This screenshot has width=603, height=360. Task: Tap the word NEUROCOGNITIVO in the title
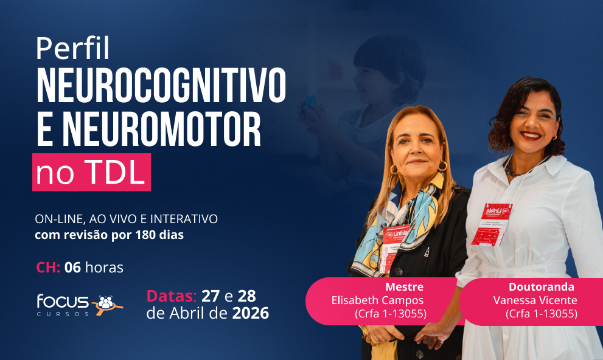(x=161, y=86)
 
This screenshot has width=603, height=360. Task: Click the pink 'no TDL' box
(x=91, y=173)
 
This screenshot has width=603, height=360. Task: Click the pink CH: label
(x=48, y=268)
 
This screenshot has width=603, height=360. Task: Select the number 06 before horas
(x=72, y=268)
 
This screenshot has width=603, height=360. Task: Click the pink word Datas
(x=170, y=296)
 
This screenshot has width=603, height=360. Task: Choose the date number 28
(x=246, y=296)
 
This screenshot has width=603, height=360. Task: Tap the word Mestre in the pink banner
(x=404, y=287)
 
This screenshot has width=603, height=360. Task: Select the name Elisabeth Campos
(x=377, y=300)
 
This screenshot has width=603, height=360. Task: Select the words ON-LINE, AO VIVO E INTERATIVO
(x=126, y=219)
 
